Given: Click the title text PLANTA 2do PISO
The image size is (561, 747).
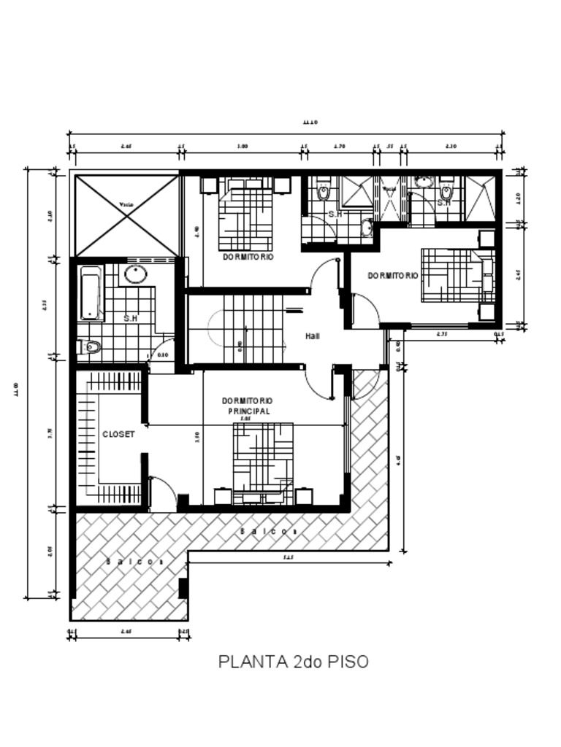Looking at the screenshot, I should coord(294,662).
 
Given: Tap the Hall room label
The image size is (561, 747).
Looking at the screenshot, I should coord(313,336).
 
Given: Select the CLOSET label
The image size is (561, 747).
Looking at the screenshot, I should coord(118,434).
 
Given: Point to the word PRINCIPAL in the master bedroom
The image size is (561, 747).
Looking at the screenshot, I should coord(248,411).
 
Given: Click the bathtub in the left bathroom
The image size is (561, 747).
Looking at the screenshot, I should coord(91,294).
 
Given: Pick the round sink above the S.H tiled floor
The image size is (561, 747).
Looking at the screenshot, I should coord(135,274).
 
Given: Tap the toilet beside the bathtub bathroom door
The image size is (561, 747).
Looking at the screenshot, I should coord(89,347).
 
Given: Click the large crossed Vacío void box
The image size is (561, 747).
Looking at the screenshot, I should coord(126,215).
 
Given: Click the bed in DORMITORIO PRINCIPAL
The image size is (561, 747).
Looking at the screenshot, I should coord(263,462).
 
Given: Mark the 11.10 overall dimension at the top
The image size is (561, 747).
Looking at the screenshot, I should coord(311,123).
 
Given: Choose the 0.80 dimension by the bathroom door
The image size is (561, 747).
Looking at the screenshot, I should coord(163,355).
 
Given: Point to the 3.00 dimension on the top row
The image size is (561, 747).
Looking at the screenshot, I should coord(243,147).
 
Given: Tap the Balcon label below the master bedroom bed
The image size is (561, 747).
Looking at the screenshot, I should coord(268,532).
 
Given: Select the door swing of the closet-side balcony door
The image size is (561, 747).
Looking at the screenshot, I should coord(162,492).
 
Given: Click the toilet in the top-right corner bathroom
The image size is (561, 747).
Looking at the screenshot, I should coord(447,192).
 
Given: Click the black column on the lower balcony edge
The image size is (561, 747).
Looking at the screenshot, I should coord(183,588).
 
